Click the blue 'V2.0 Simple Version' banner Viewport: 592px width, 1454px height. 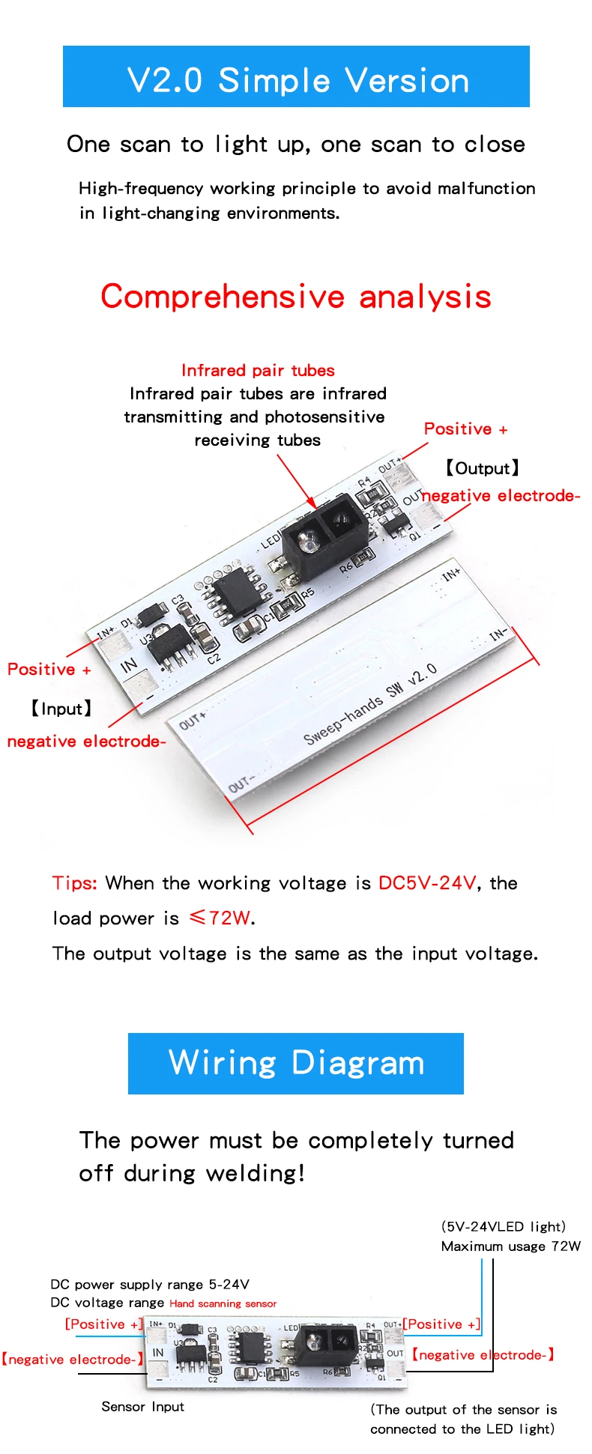tap(296, 76)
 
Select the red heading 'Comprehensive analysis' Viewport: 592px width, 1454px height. tap(296, 297)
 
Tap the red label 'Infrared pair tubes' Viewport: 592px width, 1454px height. tap(258, 370)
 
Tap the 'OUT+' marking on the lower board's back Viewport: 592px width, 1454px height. tap(193, 721)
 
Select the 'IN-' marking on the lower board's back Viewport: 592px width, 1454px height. tap(498, 635)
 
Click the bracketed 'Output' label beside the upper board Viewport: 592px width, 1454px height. tap(482, 469)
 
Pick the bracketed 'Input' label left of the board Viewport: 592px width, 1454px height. tap(61, 709)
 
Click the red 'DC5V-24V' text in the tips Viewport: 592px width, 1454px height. tap(426, 883)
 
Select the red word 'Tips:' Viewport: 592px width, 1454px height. tap(74, 883)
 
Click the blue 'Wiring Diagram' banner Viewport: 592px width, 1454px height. tap(296, 1063)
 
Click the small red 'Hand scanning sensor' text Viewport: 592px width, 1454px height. tap(223, 1303)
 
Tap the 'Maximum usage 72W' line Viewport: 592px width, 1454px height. tap(510, 1246)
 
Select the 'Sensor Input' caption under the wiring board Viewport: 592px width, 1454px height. tap(142, 1407)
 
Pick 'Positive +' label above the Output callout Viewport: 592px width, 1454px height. tap(465, 429)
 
